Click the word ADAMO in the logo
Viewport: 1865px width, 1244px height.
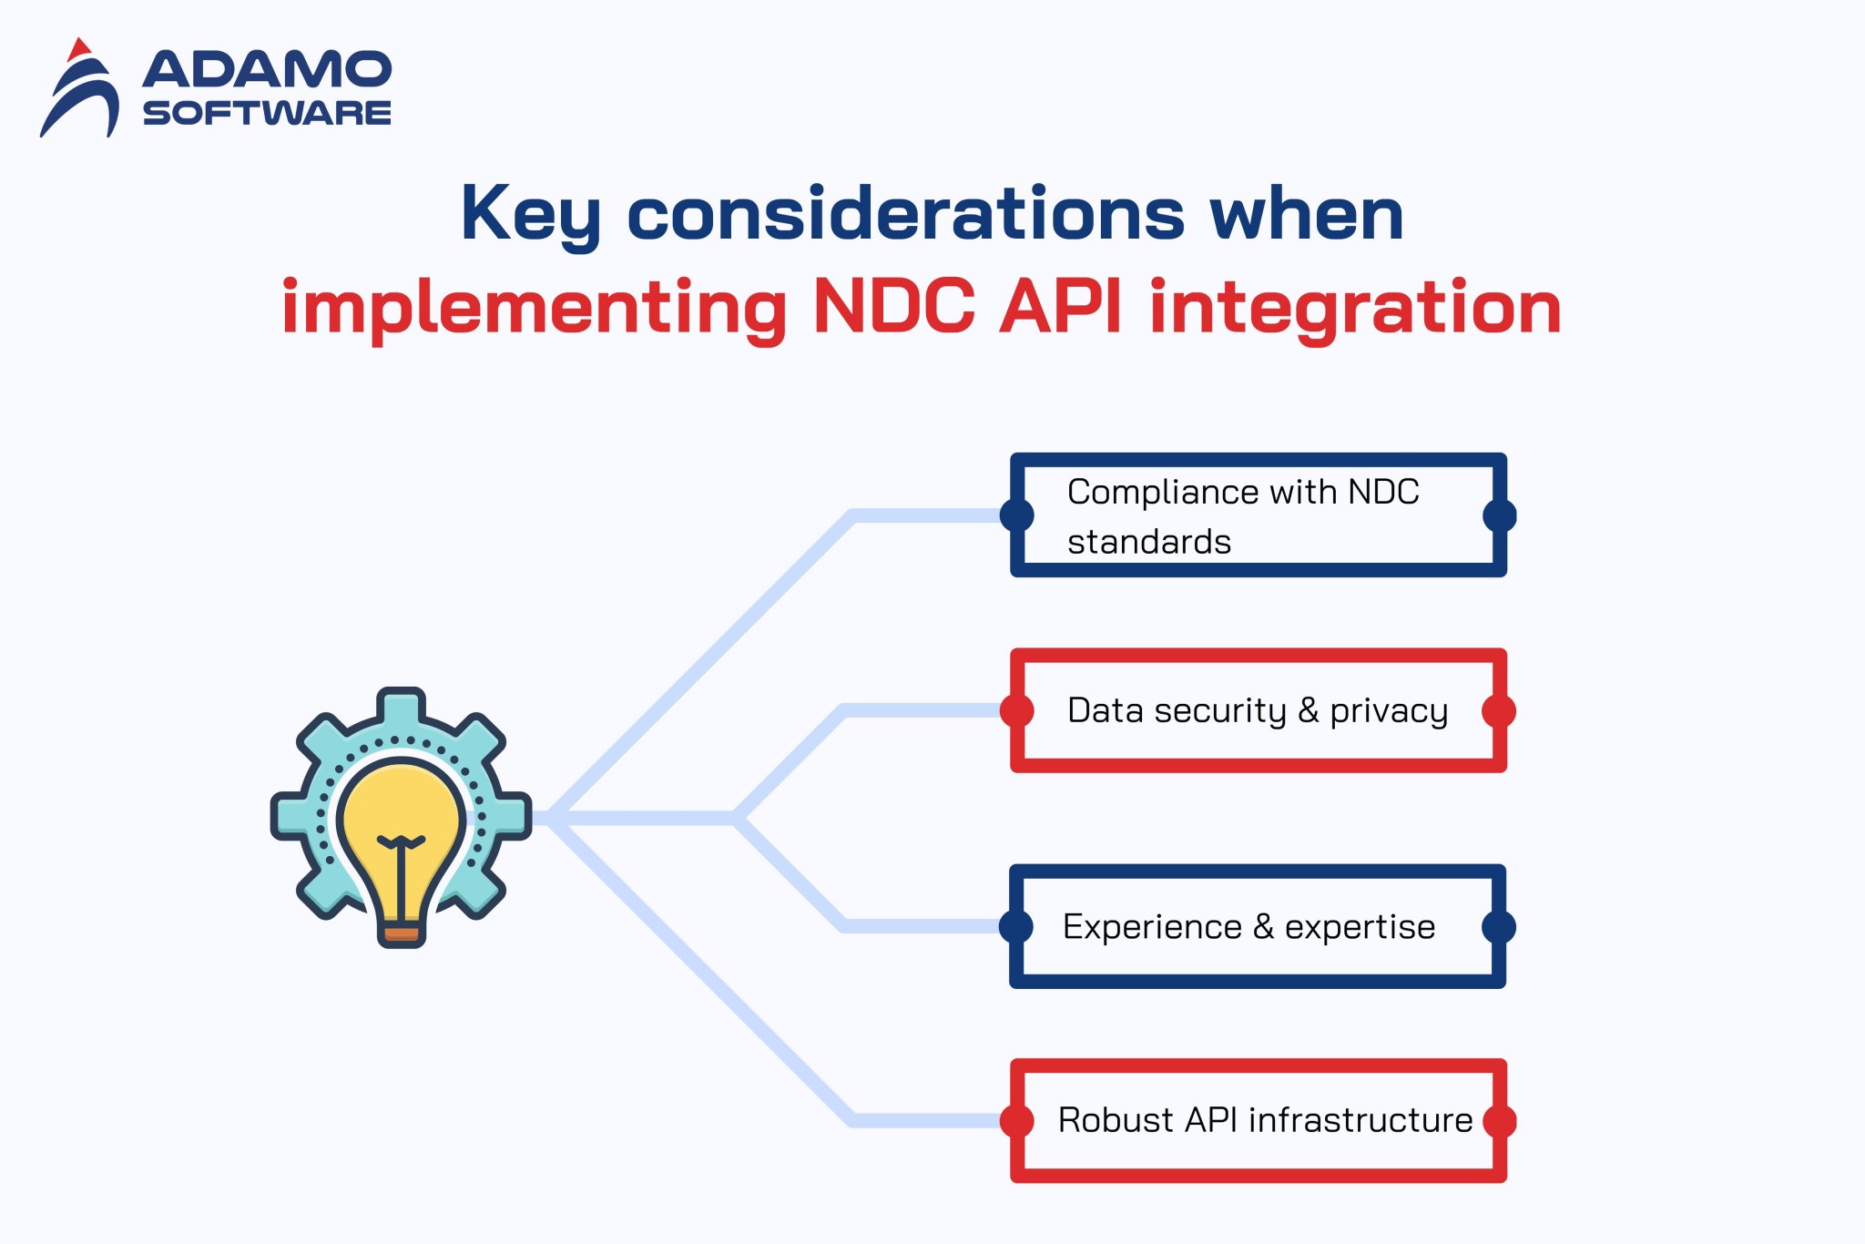(267, 70)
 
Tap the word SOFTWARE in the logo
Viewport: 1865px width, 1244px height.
(267, 113)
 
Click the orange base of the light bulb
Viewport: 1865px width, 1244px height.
(401, 933)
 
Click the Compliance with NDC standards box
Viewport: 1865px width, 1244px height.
(1258, 515)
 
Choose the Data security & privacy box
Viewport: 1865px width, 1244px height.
(1258, 710)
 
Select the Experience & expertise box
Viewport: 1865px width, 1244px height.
(1258, 926)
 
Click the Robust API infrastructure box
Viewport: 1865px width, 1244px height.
(1258, 1120)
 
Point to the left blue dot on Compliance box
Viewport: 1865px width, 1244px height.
(1016, 515)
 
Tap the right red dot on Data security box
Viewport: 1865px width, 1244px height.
(1499, 710)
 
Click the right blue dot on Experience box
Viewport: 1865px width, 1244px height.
(1499, 926)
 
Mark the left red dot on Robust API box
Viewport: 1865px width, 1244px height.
(1016, 1120)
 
